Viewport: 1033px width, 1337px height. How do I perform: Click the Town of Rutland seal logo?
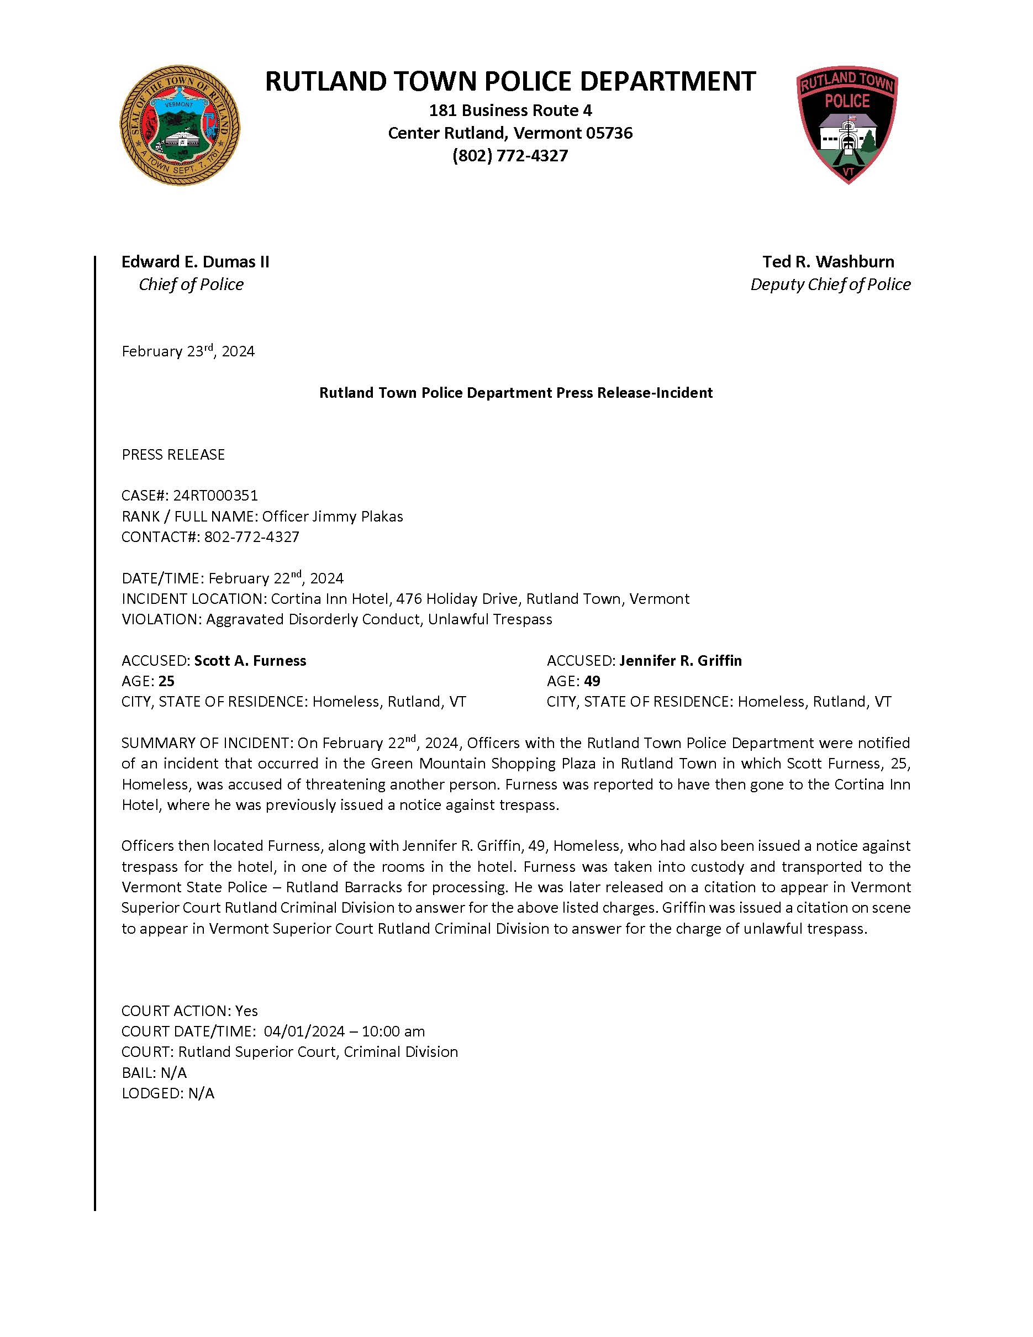point(180,126)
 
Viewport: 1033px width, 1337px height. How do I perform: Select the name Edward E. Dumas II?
point(195,262)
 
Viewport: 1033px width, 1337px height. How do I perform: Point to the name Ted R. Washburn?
point(828,262)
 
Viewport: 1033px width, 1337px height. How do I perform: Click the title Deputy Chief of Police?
point(830,285)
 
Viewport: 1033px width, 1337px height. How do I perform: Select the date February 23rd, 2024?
point(188,351)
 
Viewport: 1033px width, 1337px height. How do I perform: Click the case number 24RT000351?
point(215,495)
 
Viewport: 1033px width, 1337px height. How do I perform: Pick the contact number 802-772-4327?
point(251,537)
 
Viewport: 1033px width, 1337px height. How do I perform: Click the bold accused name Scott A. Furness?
point(250,661)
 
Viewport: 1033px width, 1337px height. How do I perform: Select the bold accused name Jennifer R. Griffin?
point(681,661)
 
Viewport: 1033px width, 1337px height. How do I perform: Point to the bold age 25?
point(166,681)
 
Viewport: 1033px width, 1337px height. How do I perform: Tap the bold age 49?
point(592,681)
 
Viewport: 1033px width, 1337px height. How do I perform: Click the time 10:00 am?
point(393,1031)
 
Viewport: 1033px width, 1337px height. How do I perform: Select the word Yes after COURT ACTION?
point(246,1010)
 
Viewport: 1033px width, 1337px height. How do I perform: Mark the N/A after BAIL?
point(173,1072)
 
